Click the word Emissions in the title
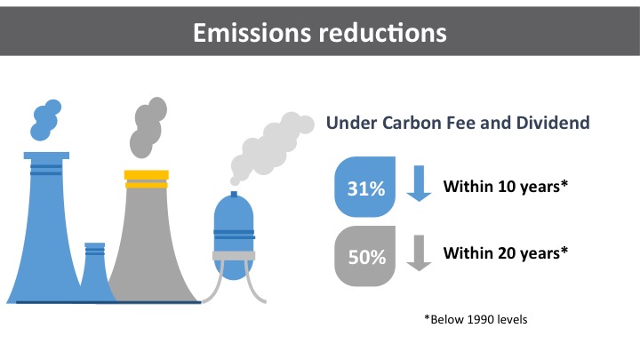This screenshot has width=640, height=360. [x=252, y=33]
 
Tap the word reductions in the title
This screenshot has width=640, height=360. [x=383, y=33]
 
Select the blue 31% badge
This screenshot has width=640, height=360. [x=365, y=187]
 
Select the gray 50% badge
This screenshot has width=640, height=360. [x=365, y=256]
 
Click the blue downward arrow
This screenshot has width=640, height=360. [x=419, y=183]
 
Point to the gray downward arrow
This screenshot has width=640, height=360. [x=419, y=253]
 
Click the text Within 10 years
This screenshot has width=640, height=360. [x=505, y=187]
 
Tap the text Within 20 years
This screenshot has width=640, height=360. [x=505, y=253]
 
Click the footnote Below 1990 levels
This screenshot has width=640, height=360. [x=476, y=319]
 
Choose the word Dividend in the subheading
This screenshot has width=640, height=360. [x=553, y=123]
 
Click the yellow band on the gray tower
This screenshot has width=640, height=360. [x=147, y=180]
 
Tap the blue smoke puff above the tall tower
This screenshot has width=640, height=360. [x=45, y=120]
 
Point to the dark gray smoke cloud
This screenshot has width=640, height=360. [x=148, y=127]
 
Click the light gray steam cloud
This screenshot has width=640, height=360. [x=271, y=147]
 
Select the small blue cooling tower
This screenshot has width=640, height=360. [x=95, y=273]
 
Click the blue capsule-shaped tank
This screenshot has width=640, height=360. [x=234, y=236]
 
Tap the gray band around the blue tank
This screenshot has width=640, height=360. [x=234, y=256]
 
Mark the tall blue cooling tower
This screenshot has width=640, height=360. [x=45, y=228]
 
